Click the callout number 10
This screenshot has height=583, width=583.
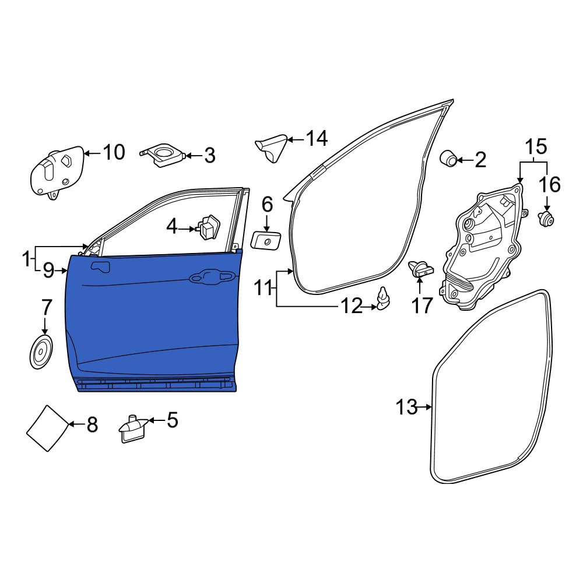[114, 152]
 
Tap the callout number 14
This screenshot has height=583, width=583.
[317, 139]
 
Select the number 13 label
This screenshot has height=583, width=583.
[406, 407]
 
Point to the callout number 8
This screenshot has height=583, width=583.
[92, 424]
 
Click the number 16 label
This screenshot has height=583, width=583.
[550, 184]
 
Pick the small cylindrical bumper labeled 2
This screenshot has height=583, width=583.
[448, 159]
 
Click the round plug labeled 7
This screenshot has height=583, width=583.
[41, 352]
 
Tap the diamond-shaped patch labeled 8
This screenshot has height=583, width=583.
[48, 428]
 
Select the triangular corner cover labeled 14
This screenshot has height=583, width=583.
[272, 148]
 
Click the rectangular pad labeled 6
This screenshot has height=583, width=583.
[266, 241]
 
